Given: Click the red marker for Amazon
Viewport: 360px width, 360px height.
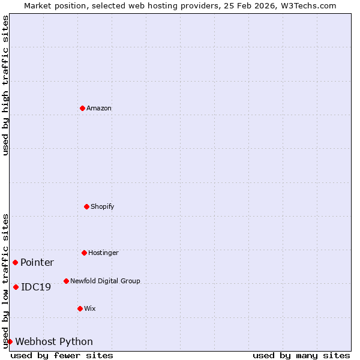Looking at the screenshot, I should click(x=82, y=108).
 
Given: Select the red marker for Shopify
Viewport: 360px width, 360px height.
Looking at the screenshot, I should click(x=86, y=206).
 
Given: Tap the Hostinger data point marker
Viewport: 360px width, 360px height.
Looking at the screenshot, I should click(x=84, y=253).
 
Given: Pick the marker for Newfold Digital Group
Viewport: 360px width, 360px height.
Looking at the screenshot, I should click(x=66, y=281).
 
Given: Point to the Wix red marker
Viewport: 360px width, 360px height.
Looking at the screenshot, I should click(x=80, y=308).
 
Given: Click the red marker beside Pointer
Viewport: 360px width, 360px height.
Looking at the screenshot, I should click(x=15, y=262).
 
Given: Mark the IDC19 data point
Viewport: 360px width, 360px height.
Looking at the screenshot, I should click(x=16, y=287).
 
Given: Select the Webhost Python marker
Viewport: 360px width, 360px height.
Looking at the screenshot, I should click(x=10, y=341).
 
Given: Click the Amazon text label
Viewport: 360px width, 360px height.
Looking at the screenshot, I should click(x=99, y=108).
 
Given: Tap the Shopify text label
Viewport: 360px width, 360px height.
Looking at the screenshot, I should click(x=103, y=206).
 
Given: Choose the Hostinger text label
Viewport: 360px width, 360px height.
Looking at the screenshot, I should click(x=103, y=253).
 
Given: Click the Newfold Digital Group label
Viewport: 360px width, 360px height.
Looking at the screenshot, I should click(x=105, y=281).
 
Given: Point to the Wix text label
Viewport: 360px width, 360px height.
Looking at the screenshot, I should click(x=90, y=308).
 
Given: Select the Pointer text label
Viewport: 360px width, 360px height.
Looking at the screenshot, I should click(x=37, y=262).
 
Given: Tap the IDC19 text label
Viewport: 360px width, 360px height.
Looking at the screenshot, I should click(x=36, y=287).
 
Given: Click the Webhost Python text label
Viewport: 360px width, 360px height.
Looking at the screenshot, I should click(x=54, y=341).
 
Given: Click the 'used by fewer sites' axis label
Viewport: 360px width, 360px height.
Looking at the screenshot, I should click(x=62, y=355).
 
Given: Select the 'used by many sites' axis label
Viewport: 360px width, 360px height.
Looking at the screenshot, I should click(x=301, y=355).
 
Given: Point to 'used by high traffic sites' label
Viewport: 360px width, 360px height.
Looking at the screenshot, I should click(x=5, y=85).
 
